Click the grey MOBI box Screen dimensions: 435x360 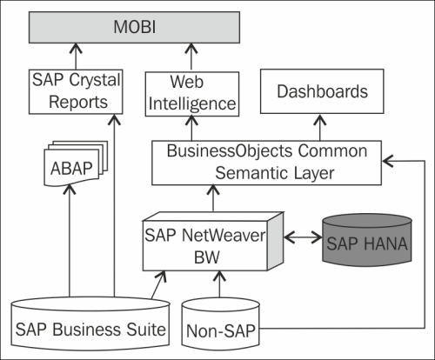(x=134, y=28)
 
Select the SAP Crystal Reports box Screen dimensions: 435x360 (x=76, y=91)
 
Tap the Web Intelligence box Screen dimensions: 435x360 (x=192, y=94)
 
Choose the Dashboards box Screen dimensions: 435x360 (x=322, y=91)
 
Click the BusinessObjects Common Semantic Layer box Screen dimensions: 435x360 (x=266, y=163)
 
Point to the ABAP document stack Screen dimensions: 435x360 (x=76, y=163)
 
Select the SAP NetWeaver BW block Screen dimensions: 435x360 (x=213, y=242)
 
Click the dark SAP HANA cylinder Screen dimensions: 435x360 (x=367, y=240)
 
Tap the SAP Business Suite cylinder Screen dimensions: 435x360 (x=90, y=323)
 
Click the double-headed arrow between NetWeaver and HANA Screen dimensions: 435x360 (x=303, y=237)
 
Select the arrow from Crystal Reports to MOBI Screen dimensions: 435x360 (x=76, y=57)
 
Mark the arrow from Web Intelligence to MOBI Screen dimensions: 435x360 (x=191, y=57)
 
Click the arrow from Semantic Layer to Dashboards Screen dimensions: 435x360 (x=320, y=127)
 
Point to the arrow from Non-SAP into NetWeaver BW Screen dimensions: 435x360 (x=219, y=284)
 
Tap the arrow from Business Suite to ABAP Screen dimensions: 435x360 (x=70, y=241)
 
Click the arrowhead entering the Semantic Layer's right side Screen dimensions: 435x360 (x=388, y=161)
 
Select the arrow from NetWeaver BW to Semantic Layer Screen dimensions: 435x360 (x=213, y=198)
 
